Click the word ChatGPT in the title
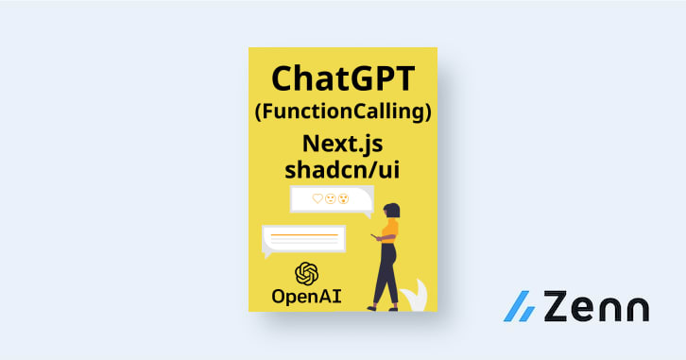tap(342, 78)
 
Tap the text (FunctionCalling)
tap(342, 111)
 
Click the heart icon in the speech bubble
tap(318, 198)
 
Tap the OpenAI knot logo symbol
tap(306, 274)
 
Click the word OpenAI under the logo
tap(306, 297)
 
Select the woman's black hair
tap(394, 211)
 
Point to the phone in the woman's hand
tap(374, 237)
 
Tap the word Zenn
tap(593, 308)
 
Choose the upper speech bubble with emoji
tap(331, 199)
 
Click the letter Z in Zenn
tap(552, 308)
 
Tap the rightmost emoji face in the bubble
tap(344, 198)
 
